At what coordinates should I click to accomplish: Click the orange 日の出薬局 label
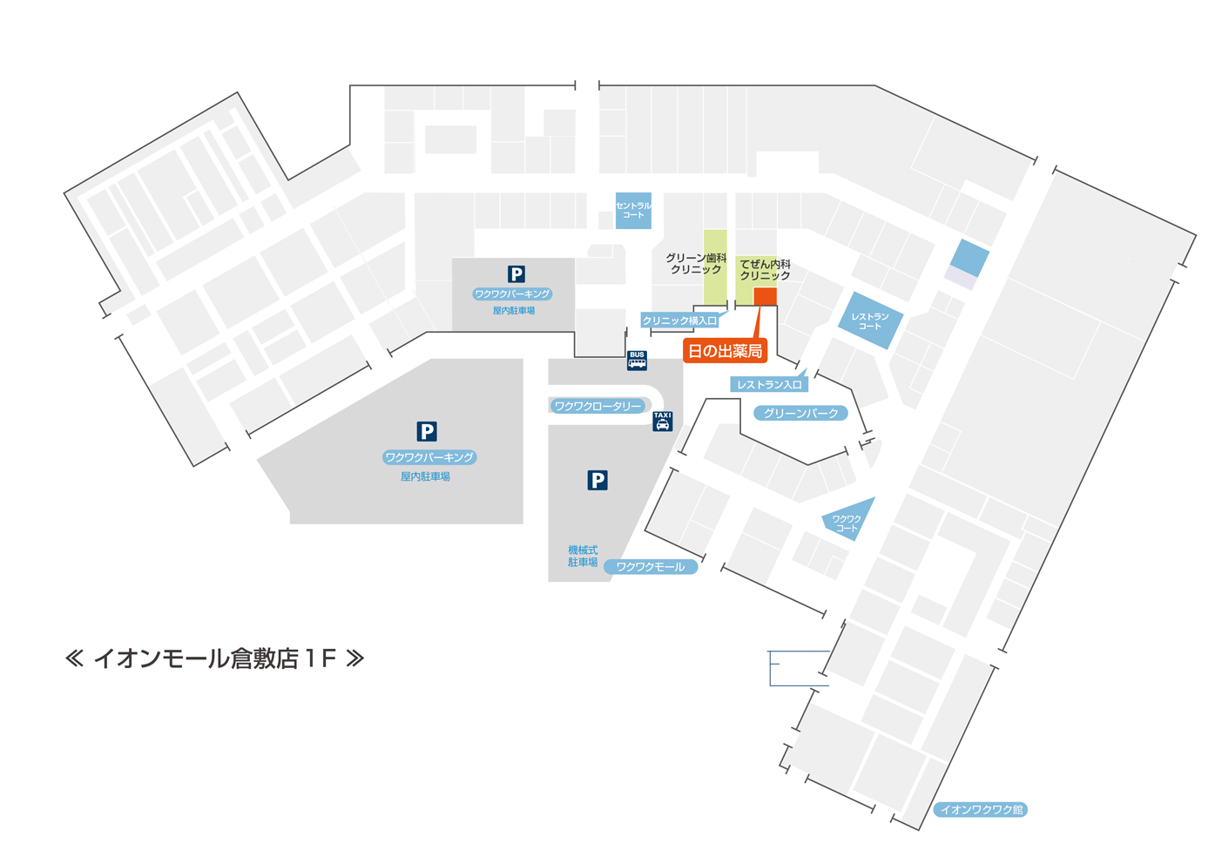[725, 351]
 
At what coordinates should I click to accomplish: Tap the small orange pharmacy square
[765, 297]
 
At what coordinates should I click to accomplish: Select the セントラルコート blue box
[633, 210]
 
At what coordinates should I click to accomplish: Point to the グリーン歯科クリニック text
[696, 264]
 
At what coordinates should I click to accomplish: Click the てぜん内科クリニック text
[765, 269]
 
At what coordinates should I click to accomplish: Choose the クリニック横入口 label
[679, 321]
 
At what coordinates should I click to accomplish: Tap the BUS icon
[637, 360]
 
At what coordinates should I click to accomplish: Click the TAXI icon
[662, 421]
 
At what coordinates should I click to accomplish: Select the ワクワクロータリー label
[597, 406]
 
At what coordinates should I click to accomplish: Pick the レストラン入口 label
[769, 384]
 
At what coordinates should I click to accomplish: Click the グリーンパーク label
[800, 413]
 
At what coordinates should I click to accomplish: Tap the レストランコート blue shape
[870, 321]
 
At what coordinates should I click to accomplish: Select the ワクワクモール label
[651, 566]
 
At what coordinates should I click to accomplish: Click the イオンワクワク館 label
[981, 809]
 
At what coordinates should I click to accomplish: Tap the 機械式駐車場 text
[583, 556]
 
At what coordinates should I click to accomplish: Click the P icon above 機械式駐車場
[597, 480]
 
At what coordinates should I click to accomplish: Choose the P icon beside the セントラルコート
[516, 274]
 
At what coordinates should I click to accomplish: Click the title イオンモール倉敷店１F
[214, 658]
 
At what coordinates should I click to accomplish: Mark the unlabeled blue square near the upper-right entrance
[969, 258]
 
